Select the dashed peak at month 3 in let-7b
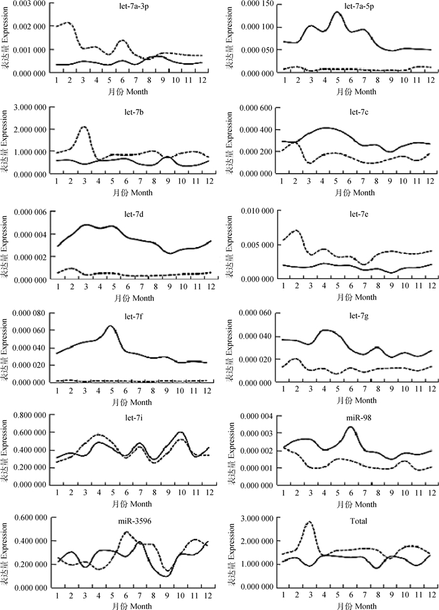(x=83, y=127)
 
